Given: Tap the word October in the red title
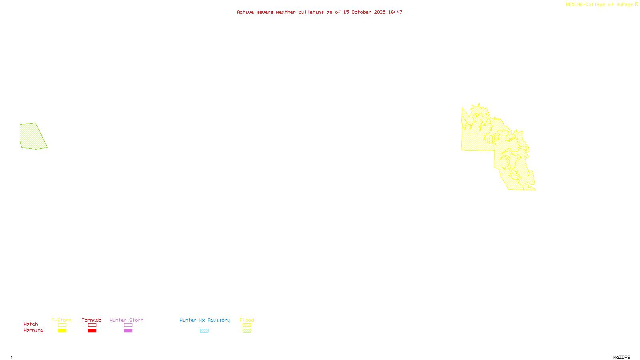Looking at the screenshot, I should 361,12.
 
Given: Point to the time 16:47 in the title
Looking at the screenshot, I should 395,12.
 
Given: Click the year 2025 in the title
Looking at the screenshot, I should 380,12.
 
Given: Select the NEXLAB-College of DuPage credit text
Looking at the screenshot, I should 600,5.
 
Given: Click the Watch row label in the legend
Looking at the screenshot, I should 31,324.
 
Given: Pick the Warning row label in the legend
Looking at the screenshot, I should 34,330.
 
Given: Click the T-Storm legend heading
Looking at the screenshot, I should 62,320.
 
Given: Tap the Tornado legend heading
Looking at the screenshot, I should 92,320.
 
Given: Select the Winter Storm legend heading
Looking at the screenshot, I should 126,320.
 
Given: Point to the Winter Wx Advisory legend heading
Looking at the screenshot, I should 205,320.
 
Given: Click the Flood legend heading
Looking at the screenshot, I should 247,320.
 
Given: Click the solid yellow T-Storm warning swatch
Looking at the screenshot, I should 62,331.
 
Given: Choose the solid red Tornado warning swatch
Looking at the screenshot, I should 92,331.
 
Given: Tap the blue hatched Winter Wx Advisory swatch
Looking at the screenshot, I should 204,331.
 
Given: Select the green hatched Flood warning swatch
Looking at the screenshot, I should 247,331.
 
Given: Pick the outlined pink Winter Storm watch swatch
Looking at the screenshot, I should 128,325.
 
